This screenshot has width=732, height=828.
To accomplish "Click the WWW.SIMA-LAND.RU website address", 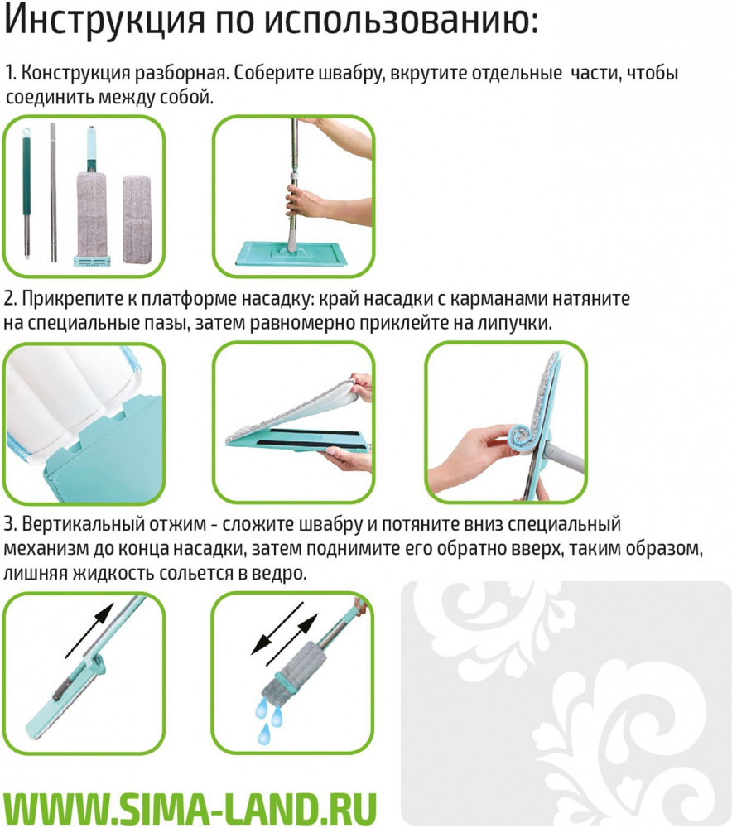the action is click(x=190, y=807).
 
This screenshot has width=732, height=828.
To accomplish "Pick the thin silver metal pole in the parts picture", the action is click(x=53, y=192).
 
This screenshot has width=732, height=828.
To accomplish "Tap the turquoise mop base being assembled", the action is click(x=292, y=254).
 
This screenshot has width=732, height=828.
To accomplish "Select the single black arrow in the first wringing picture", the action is click(x=89, y=630).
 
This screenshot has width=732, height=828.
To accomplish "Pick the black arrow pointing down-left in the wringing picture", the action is click(x=276, y=628).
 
